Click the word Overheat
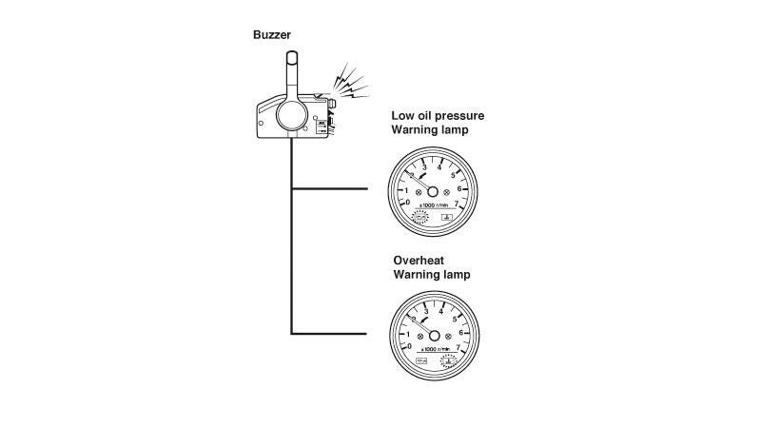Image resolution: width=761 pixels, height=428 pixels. [x=420, y=260]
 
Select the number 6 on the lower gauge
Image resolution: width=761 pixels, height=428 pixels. [x=461, y=333]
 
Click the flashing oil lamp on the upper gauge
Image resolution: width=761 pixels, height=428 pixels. [x=419, y=217]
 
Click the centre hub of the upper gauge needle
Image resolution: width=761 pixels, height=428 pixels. [x=433, y=188]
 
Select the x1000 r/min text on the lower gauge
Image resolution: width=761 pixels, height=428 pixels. [x=434, y=352]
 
